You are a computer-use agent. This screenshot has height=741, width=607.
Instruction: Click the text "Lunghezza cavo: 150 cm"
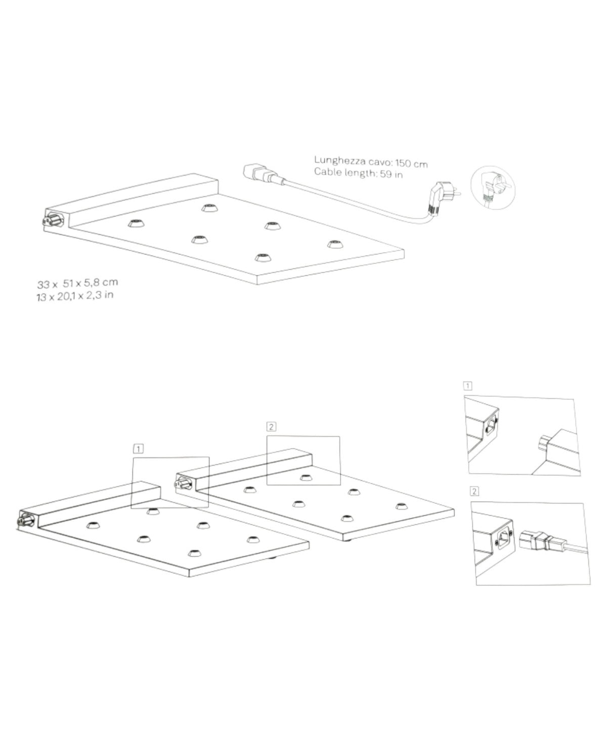coord(371,162)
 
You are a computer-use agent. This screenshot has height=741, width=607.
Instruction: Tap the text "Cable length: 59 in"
coord(359,173)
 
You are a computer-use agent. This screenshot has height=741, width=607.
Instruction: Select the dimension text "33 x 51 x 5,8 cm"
coord(77,283)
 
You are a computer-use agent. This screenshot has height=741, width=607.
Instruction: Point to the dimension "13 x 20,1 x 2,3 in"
coord(75,296)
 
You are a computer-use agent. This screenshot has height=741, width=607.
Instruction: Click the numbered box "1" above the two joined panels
coord(139,449)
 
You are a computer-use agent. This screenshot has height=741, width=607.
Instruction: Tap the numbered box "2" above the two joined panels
coord(271,427)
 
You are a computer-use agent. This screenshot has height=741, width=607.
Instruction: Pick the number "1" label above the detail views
coord(467,386)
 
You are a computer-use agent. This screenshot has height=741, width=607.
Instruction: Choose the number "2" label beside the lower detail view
coord(474,491)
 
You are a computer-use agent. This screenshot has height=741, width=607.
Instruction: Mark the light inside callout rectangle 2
coord(307,477)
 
